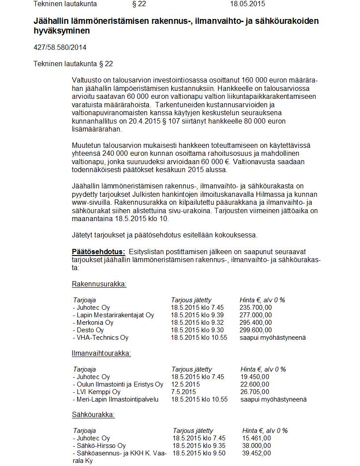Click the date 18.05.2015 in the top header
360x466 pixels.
[x=247, y=4]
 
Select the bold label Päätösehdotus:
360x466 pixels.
[x=98, y=252]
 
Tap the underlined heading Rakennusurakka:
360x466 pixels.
[x=99, y=284]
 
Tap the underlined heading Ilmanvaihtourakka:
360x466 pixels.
[x=101, y=353]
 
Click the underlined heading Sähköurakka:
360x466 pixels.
[x=93, y=414]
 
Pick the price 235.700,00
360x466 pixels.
[x=255, y=308]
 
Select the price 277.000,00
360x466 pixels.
[x=255, y=315]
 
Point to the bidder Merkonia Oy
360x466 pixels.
[x=94, y=323]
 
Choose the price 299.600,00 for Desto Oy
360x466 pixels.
[x=255, y=330]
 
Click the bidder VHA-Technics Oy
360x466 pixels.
[x=102, y=338]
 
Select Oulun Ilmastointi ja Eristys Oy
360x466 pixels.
[x=119, y=384]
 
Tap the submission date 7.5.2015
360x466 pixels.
[x=184, y=392]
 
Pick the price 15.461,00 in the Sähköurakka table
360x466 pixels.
[x=256, y=438]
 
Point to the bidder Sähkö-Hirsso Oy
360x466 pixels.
[x=101, y=446]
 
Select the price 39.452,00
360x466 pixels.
[x=256, y=453]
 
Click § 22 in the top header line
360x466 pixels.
[x=139, y=4]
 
